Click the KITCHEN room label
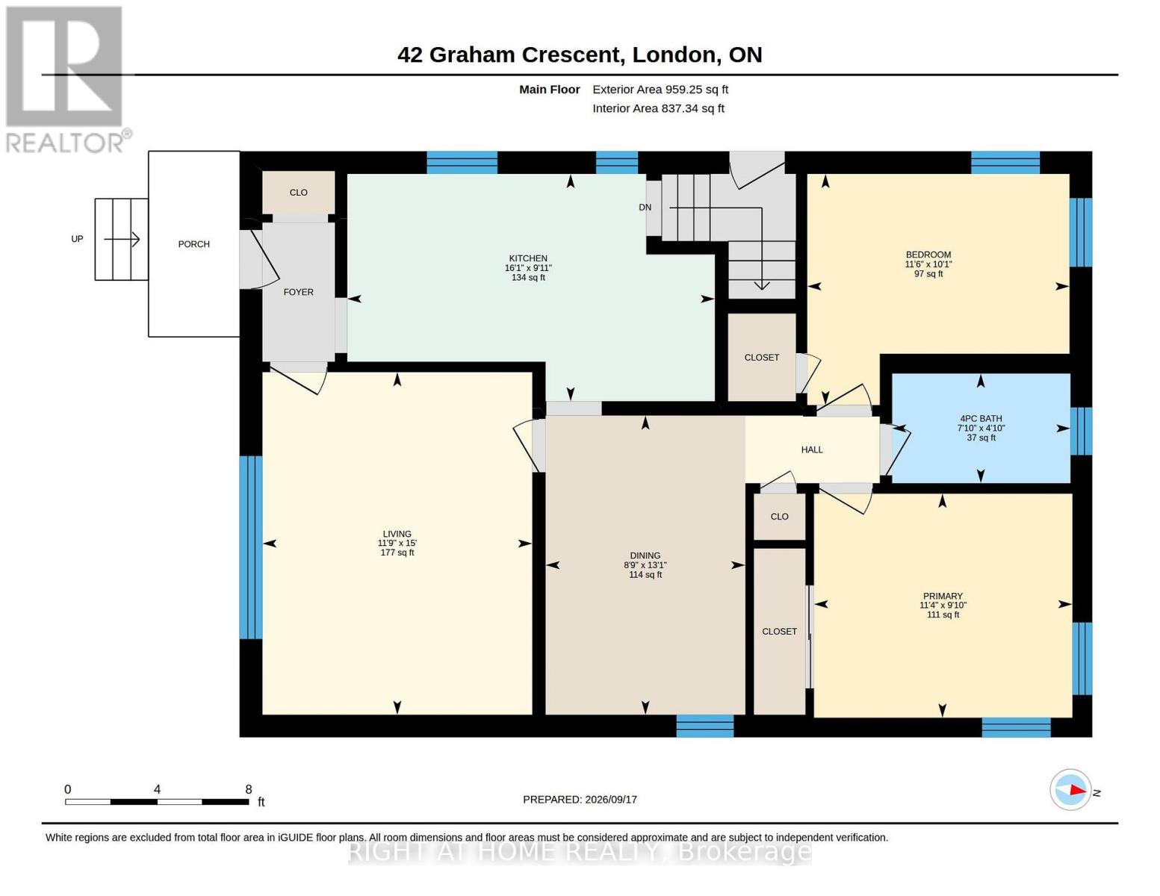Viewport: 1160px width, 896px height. tap(528, 258)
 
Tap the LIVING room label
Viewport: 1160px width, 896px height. tap(397, 534)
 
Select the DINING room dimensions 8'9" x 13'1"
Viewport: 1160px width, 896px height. tap(645, 565)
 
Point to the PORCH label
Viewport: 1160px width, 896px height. tap(193, 244)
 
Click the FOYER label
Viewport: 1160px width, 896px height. tap(299, 292)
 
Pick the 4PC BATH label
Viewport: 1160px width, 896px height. tap(981, 419)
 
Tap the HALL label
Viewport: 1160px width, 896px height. tap(812, 450)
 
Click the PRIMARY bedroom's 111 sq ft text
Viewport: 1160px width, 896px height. tap(943, 615)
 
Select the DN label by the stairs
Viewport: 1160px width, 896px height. tap(645, 207)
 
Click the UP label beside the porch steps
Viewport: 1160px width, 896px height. tap(77, 239)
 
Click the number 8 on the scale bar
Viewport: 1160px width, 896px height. tap(248, 789)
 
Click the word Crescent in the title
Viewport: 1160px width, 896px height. tap(571, 55)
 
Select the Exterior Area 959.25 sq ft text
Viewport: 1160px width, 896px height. tap(660, 90)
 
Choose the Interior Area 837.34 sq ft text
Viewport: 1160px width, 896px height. tap(658, 108)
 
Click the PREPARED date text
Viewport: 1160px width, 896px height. tap(580, 800)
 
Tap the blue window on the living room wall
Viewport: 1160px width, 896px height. tap(251, 547)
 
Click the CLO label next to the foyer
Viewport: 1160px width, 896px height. tap(299, 193)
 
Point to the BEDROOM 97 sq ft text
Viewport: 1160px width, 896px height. tap(928, 274)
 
